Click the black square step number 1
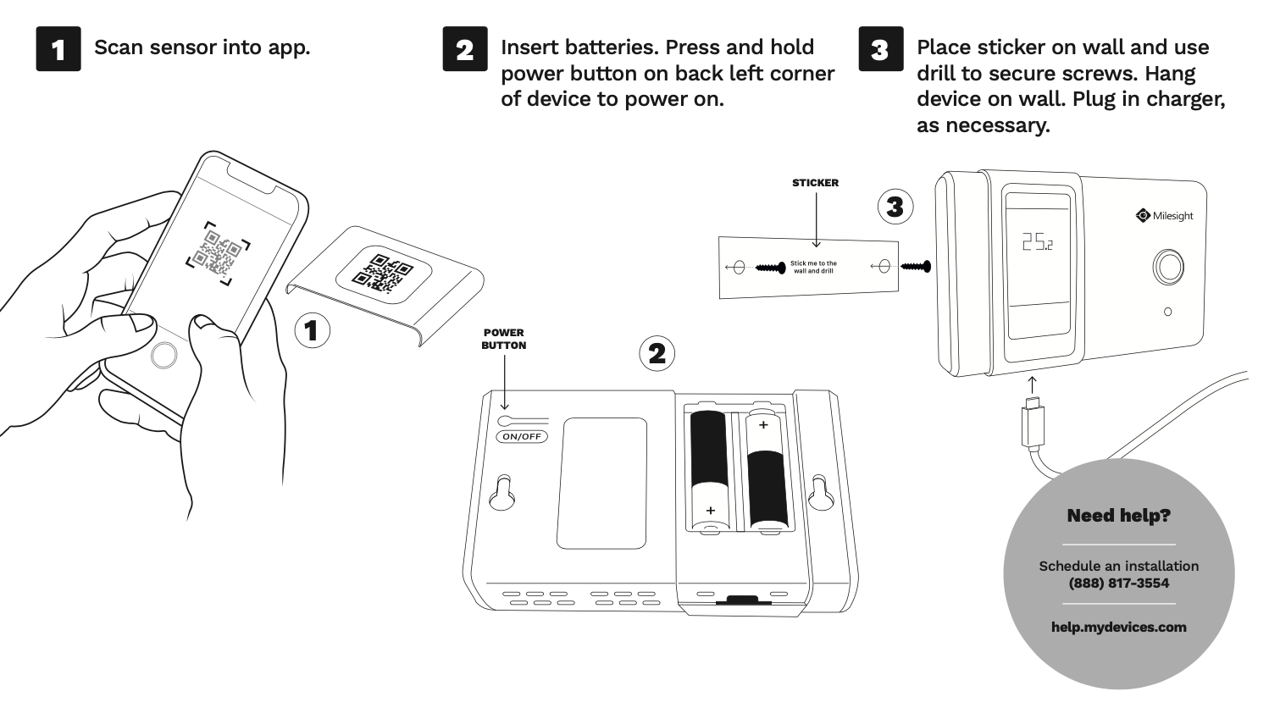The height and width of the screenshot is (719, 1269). [x=58, y=49]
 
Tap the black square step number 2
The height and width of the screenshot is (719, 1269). [x=465, y=49]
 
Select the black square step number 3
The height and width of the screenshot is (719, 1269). [x=880, y=49]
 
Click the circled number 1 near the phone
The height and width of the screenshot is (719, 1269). [x=312, y=330]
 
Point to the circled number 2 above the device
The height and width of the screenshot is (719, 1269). [x=657, y=353]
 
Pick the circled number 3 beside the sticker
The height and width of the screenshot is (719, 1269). [x=895, y=207]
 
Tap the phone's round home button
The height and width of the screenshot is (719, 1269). [x=163, y=356]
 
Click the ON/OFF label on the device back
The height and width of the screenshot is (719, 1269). [x=522, y=437]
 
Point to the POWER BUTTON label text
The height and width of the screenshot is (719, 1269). [x=504, y=339]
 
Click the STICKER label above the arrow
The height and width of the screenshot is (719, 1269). [x=815, y=183]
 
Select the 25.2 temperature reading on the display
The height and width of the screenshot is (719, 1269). [x=1037, y=242]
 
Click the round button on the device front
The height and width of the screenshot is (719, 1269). [x=1169, y=267]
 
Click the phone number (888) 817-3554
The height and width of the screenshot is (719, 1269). [x=1118, y=583]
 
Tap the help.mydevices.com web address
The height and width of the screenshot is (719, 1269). [x=1118, y=628]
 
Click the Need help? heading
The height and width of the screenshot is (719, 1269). [x=1118, y=516]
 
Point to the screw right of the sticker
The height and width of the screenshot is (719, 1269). [x=916, y=267]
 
